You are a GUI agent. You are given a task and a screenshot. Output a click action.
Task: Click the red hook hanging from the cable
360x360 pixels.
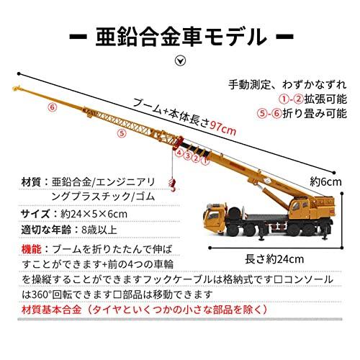pos(173,185)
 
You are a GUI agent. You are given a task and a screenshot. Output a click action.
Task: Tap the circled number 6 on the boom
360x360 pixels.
pos(53,107)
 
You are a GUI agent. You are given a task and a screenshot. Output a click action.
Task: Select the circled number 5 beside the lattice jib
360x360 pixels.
pos(122,133)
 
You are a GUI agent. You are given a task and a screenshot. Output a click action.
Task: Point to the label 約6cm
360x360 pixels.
pos(325,181)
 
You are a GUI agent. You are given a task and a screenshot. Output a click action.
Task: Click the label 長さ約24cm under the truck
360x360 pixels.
pos(274,259)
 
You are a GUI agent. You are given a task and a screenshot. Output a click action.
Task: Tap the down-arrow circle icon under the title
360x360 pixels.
pos(180,60)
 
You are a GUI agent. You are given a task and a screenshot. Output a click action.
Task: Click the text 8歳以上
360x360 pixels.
pos(99,230)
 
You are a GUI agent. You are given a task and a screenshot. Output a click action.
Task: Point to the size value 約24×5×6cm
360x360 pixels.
pos(94,214)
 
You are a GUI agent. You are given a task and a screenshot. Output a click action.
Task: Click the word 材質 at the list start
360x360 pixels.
pos(31,182)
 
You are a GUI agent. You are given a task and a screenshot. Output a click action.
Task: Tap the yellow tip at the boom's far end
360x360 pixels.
pos(17,89)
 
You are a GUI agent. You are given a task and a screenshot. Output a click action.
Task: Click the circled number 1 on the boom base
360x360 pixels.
pos(205,161)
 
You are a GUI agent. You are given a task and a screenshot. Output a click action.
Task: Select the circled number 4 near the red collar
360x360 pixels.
pos(179,152)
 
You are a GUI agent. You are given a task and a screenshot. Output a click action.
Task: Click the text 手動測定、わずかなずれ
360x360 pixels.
pos(287,85)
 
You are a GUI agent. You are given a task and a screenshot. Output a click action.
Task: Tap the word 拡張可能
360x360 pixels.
pos(325,99)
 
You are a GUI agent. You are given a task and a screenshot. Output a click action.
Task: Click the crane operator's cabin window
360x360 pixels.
pos(297,207)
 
